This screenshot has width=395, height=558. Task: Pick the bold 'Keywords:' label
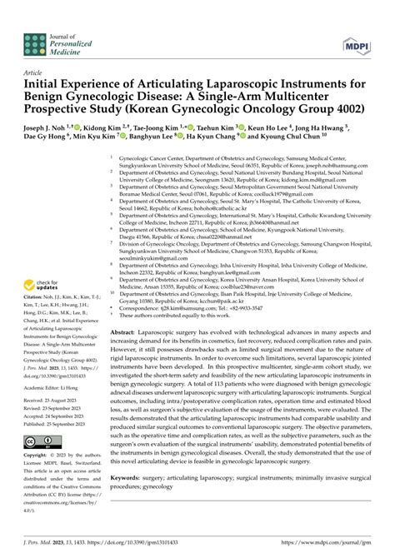click(127, 477)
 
